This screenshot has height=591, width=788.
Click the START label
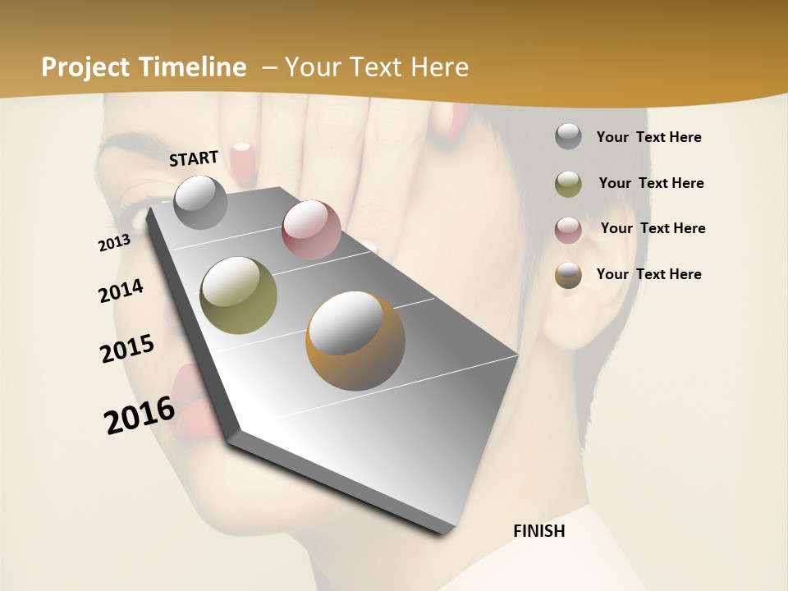[194, 158]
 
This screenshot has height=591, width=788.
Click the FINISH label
[539, 531]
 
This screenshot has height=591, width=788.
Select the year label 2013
[114, 243]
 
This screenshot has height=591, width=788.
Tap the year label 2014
[121, 291]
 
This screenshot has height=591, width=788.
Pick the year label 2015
[127, 349]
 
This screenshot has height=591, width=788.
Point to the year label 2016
[140, 415]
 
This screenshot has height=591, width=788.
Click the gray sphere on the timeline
[200, 202]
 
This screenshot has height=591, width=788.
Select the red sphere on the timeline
[311, 229]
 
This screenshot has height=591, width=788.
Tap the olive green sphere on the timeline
[239, 295]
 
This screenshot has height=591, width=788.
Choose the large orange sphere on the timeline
[355, 340]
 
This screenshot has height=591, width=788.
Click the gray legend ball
[568, 137]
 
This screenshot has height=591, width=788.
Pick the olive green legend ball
[568, 184]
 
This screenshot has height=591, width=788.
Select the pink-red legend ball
[568, 229]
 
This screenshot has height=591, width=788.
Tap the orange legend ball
[568, 275]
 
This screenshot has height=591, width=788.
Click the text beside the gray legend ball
[648, 137]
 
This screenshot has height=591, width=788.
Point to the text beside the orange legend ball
[648, 274]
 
